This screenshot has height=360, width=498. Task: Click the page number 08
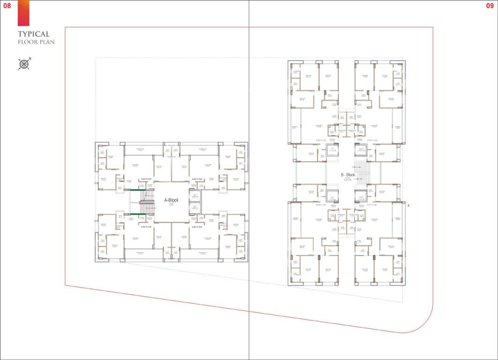[x=7, y=6]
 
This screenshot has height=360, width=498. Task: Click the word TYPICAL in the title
[x=34, y=34]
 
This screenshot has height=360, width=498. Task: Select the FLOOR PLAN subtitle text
[x=37, y=42]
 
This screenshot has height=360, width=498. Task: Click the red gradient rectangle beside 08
[x=23, y=13]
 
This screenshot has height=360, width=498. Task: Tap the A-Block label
[x=171, y=200]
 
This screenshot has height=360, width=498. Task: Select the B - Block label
[x=348, y=175]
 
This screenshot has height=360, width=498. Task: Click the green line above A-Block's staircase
[x=137, y=189]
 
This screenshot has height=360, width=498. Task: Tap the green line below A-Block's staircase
[x=137, y=214]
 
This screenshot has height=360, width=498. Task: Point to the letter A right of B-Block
[x=408, y=206]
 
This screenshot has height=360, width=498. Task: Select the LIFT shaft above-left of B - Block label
[x=332, y=150]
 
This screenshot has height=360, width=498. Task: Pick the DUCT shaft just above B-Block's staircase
[x=361, y=150]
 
